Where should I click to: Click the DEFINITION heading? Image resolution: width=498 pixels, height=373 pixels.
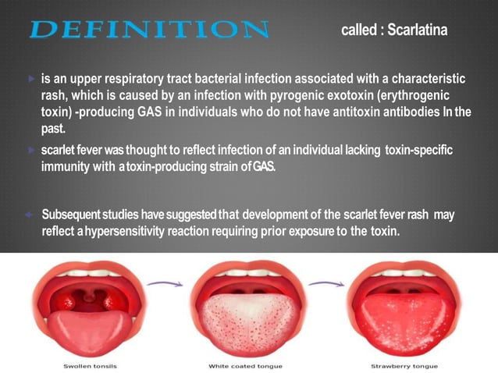pyautogui.click(x=148, y=30)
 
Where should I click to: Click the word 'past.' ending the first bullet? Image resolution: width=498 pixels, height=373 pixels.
pyautogui.click(x=55, y=128)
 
